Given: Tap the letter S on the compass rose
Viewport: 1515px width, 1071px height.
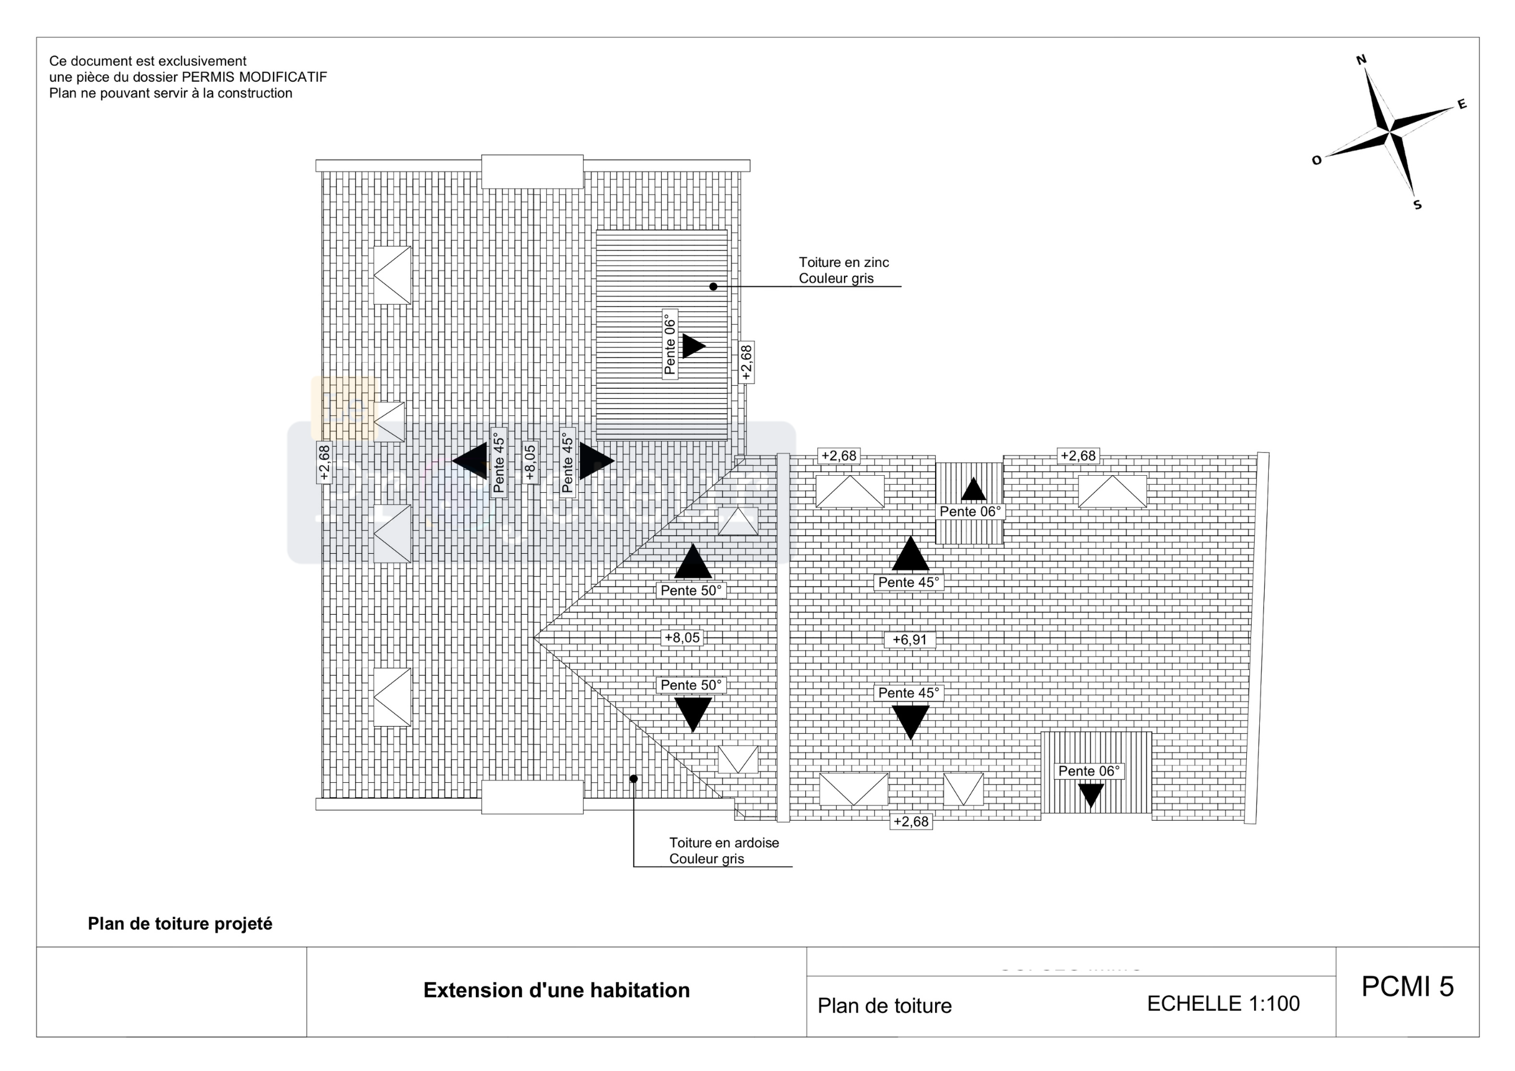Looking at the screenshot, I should coord(1417,205).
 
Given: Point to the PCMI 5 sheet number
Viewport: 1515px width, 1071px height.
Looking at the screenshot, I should coord(1407,986).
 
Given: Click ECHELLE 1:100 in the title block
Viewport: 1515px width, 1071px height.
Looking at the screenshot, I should coord(1223,1004).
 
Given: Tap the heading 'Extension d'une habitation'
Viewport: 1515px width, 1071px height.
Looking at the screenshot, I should coord(556,991).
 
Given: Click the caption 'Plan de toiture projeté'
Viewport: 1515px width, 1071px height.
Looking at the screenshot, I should coord(179,924).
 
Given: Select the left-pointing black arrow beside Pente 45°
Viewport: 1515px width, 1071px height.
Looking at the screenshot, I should coord(471,460).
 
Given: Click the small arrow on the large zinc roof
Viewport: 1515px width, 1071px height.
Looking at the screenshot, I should coord(693,346).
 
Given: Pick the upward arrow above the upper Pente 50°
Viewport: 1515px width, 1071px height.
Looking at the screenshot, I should coord(693,562).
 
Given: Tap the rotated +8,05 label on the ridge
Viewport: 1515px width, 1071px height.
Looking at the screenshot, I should coord(530,462).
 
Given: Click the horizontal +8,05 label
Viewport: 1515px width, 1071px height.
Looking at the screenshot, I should coord(682,637).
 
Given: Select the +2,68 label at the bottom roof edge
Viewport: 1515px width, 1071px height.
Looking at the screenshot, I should coord(911,821).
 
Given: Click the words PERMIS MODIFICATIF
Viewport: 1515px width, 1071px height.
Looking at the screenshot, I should coord(254,77).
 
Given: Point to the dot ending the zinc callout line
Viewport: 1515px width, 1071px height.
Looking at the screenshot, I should coord(713,286).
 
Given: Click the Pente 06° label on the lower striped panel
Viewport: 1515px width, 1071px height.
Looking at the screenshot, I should coord(1089,771).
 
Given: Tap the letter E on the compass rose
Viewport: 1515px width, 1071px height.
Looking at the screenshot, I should coord(1462,104).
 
